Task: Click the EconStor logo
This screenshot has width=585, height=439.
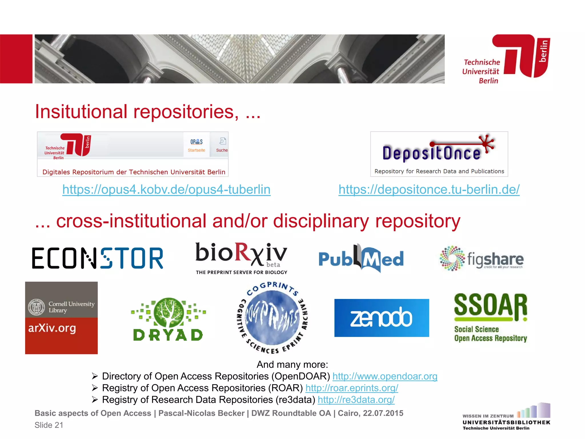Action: (97, 258)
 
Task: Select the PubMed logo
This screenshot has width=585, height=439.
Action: (361, 258)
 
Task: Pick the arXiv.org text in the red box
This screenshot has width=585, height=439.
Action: (52, 328)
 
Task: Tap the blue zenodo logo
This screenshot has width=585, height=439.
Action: (382, 318)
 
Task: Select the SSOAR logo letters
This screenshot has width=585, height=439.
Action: (490, 306)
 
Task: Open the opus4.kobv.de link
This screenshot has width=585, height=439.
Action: (166, 189)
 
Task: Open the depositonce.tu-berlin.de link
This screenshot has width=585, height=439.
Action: (429, 189)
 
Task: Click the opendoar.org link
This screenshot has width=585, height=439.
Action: (385, 376)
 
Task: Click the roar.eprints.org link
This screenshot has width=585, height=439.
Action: (352, 388)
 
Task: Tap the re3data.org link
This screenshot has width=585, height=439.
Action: (356, 400)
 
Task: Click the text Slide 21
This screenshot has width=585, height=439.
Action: (49, 425)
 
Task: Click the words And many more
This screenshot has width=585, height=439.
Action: (292, 364)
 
